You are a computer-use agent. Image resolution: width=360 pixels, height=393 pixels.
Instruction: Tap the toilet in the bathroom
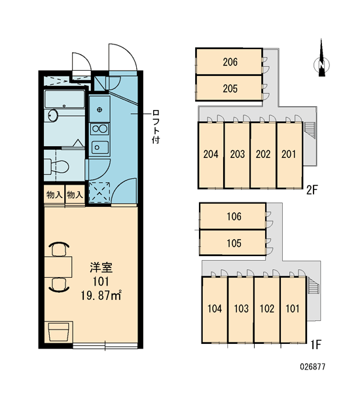pos(56,166)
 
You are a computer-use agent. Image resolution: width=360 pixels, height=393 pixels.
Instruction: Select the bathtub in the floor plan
pos(64,100)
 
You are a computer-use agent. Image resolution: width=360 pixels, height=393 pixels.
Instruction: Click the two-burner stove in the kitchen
pos(99,129)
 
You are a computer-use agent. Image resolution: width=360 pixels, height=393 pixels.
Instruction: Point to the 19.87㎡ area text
pos(101,296)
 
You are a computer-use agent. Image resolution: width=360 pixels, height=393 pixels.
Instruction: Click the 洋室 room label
pos(101,268)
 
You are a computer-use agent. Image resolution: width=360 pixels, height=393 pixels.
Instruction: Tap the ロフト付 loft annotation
pos(156,126)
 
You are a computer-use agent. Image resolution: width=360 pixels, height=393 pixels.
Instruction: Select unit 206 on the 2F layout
pos(229,62)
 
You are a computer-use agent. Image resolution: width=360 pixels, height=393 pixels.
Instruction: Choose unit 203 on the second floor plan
pos(237,155)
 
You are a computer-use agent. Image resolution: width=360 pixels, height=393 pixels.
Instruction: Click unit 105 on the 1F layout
pos(233,243)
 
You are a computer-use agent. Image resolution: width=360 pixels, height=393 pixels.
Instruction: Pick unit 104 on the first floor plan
pos(215,309)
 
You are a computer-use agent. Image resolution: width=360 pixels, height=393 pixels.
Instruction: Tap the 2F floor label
pos(312,191)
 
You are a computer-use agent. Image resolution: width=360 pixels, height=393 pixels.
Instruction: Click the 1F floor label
pos(315,345)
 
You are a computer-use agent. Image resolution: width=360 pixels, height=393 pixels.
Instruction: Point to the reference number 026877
pos(313,367)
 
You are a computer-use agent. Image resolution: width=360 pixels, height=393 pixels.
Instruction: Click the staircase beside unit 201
pos(307,130)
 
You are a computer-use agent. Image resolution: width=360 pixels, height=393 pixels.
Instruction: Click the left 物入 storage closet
pos(54,195)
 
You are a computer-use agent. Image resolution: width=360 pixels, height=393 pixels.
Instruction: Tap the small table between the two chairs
pos(58,267)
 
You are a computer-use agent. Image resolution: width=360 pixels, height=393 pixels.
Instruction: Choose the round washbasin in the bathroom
pos(52,115)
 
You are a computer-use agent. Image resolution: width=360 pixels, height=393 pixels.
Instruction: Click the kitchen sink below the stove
pos(100,147)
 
